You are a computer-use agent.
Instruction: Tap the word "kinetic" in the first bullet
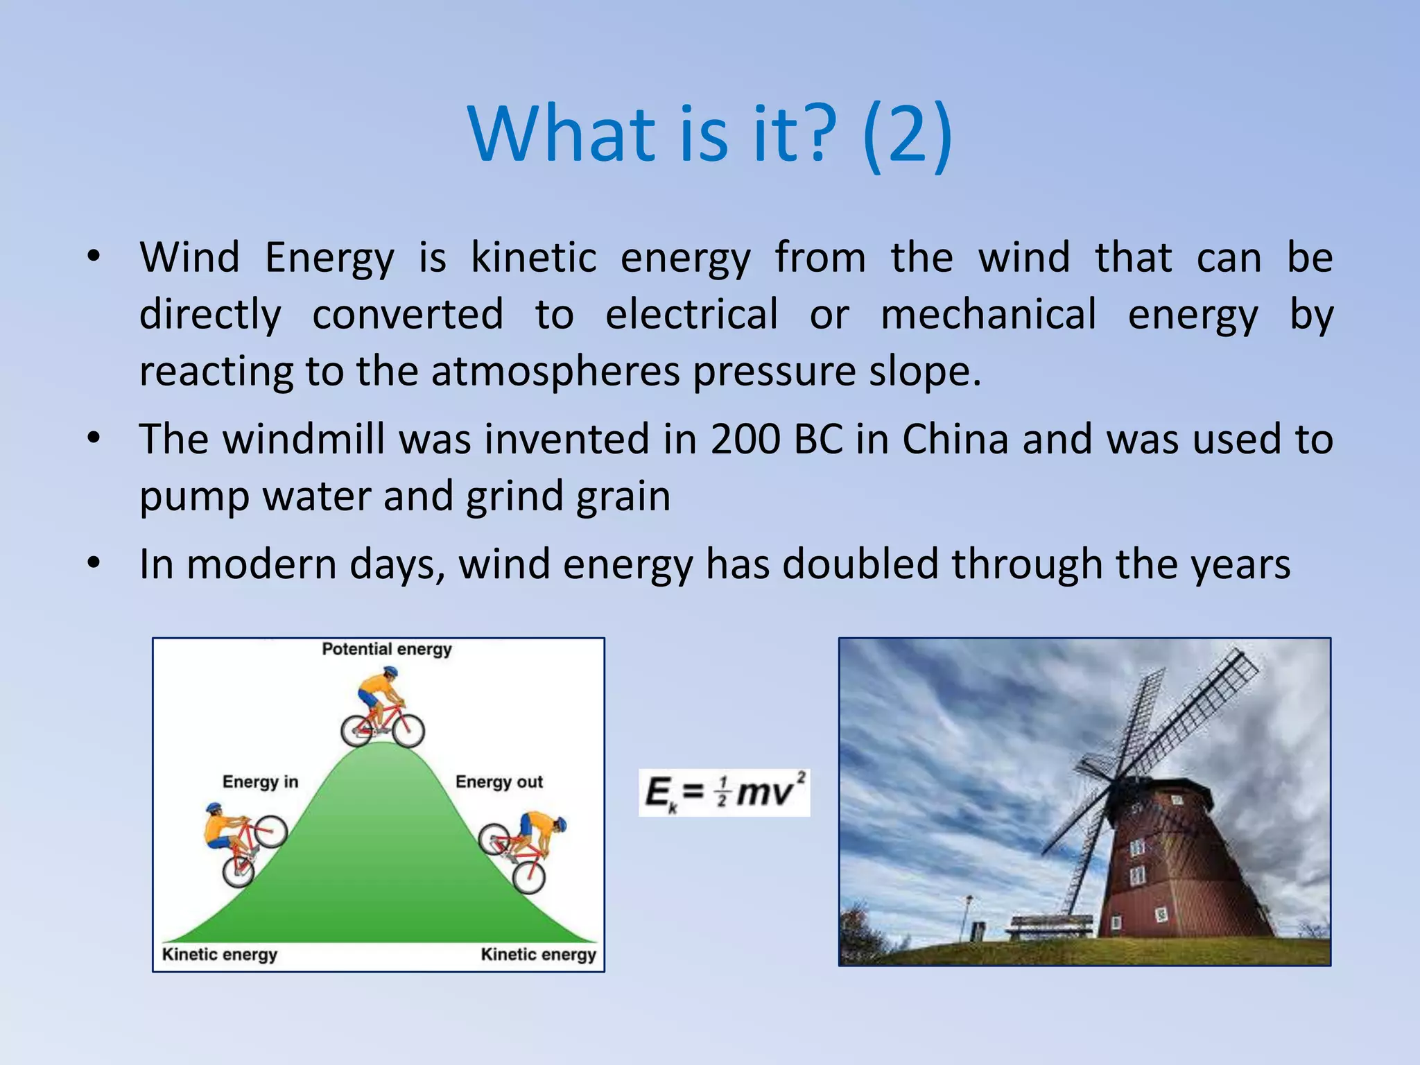533,257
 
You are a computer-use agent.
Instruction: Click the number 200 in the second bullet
745,440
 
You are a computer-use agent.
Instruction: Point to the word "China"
955,440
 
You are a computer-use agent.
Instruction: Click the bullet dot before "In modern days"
94,562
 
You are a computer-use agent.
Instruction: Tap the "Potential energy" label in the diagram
386,650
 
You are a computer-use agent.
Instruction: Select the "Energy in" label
260,782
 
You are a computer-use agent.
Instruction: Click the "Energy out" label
499,782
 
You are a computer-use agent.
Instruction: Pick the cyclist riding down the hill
523,849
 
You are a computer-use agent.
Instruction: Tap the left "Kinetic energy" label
219,955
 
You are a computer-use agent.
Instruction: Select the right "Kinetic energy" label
538,955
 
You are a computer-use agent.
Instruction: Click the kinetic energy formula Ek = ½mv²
724,793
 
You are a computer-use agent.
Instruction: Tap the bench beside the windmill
1050,925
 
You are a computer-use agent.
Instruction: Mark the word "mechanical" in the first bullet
988,314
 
